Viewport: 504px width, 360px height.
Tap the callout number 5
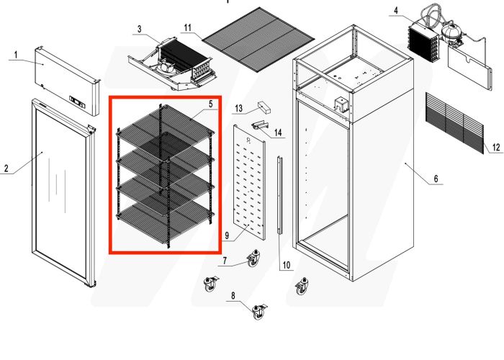(210, 104)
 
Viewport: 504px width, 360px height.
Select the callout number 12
(495, 148)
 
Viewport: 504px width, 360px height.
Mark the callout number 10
(286, 265)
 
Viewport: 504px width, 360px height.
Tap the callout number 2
(6, 169)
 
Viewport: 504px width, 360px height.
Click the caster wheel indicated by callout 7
(253, 259)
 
